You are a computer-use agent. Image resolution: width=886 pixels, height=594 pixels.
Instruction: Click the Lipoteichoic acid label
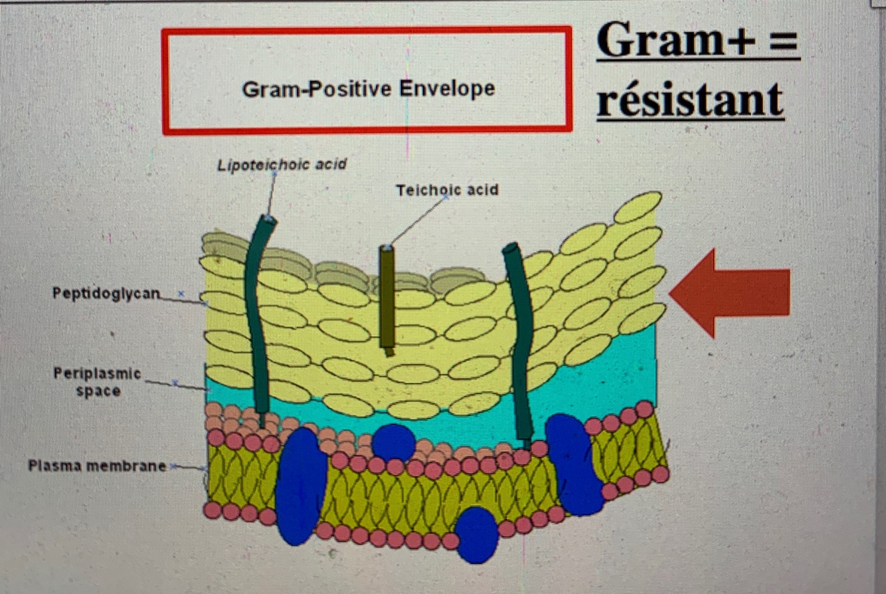[282, 164]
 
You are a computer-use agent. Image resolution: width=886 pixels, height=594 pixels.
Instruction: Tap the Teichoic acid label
[447, 190]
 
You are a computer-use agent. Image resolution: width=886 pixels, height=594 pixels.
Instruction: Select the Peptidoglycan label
[106, 293]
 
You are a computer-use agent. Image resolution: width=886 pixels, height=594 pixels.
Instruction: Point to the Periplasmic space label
[98, 382]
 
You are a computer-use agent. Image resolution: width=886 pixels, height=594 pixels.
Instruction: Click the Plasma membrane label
[97, 466]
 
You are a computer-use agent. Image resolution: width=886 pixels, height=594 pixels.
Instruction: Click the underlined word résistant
[690, 100]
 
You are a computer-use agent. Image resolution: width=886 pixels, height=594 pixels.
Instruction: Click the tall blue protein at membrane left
[300, 485]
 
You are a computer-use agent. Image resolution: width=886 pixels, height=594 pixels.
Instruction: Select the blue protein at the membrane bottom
[477, 534]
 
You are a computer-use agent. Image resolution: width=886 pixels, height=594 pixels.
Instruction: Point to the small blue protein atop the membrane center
[393, 441]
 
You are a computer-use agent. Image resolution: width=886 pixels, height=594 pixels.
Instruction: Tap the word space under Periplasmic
[98, 391]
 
